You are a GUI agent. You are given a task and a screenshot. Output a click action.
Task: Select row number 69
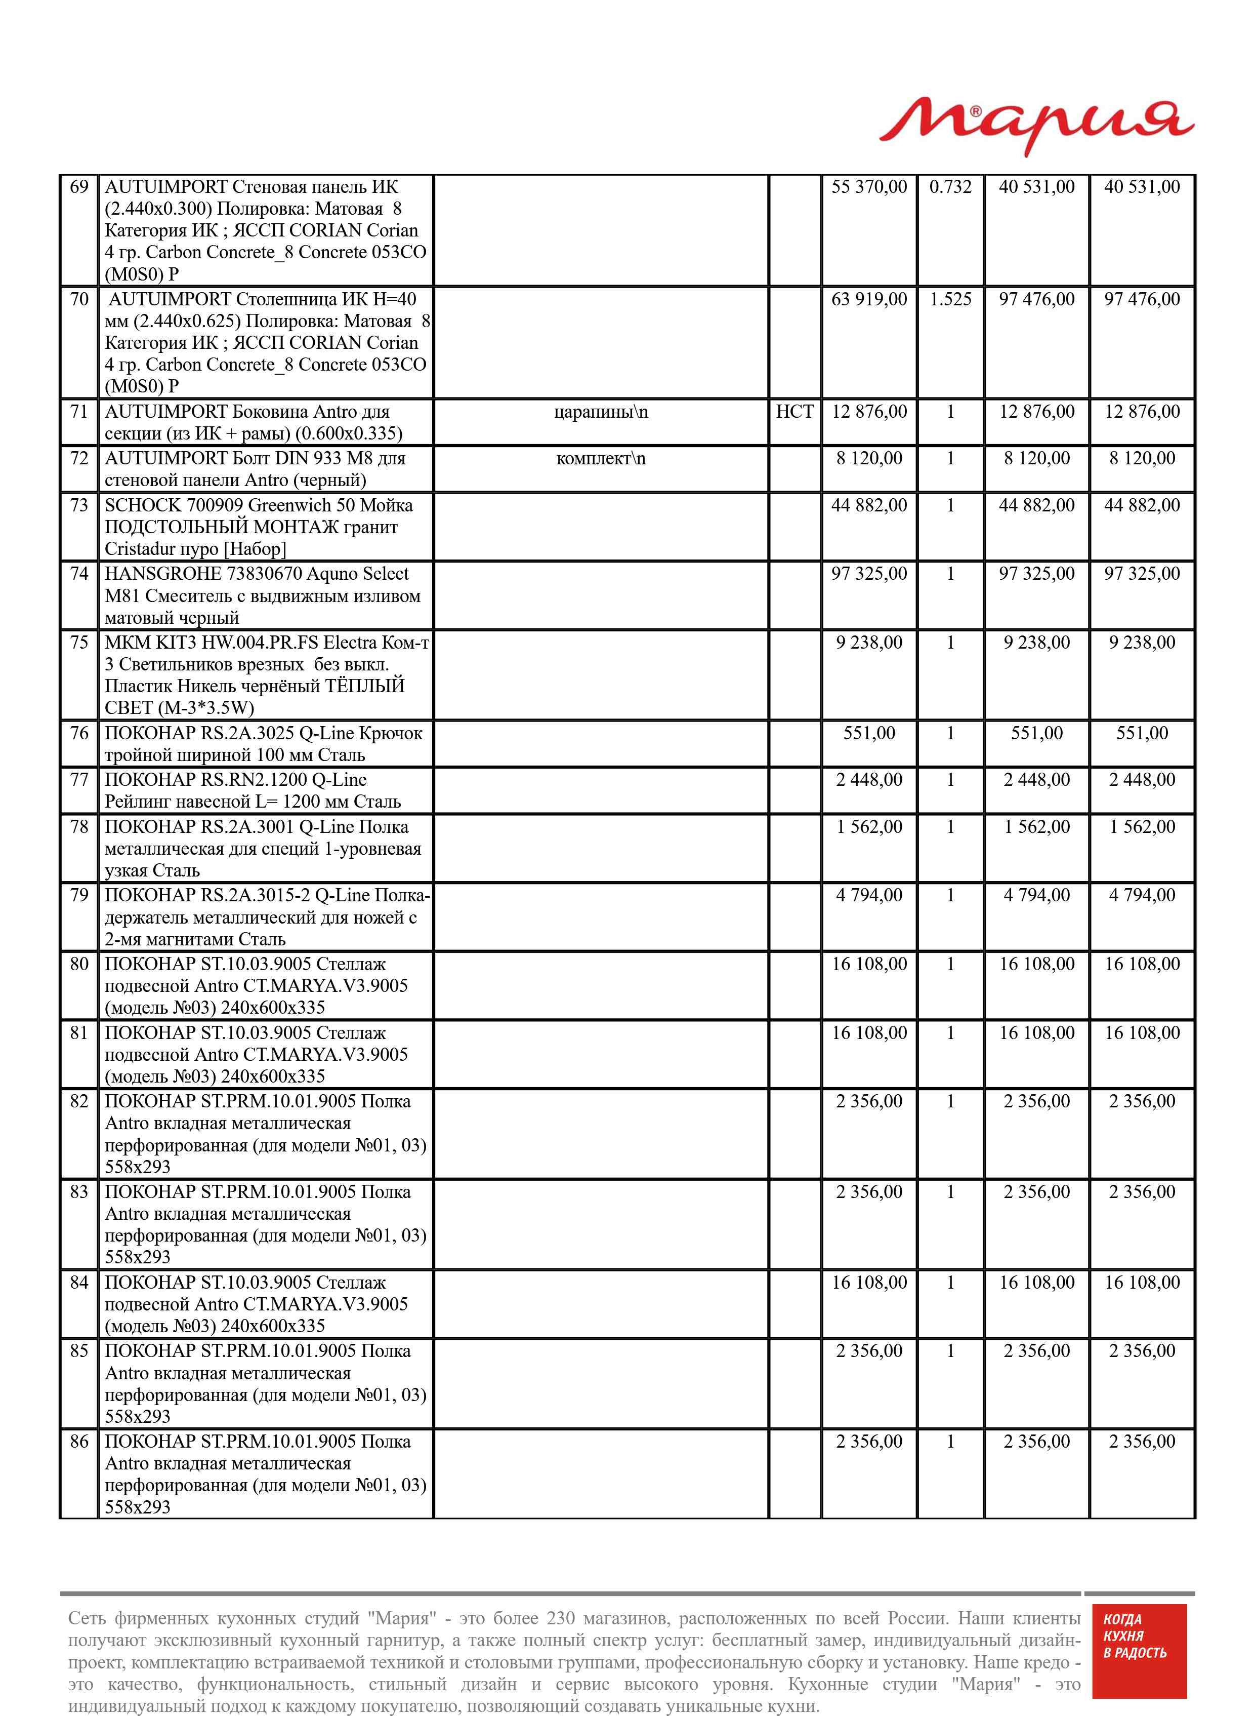[x=79, y=187]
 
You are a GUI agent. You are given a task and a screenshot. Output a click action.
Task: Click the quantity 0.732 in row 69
[x=950, y=187]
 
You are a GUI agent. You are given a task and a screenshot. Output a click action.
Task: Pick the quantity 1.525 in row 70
[x=950, y=299]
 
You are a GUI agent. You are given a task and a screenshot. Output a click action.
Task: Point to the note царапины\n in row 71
[x=601, y=412]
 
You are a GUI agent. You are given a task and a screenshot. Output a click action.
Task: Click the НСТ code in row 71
[x=794, y=412]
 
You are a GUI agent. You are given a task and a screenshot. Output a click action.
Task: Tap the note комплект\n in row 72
[x=601, y=458]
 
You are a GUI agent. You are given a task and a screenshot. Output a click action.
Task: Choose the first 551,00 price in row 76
[x=869, y=733]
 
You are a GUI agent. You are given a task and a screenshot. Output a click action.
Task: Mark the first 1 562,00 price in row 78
[x=869, y=827]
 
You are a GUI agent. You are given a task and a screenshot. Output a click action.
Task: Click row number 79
[x=79, y=895]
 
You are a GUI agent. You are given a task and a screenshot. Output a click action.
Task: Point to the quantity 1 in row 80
[x=950, y=965]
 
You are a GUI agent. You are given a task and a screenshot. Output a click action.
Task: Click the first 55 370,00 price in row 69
[x=869, y=187]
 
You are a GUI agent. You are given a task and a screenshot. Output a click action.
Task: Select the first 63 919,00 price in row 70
[x=869, y=299]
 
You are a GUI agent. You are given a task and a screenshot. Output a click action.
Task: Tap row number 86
[x=79, y=1442]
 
